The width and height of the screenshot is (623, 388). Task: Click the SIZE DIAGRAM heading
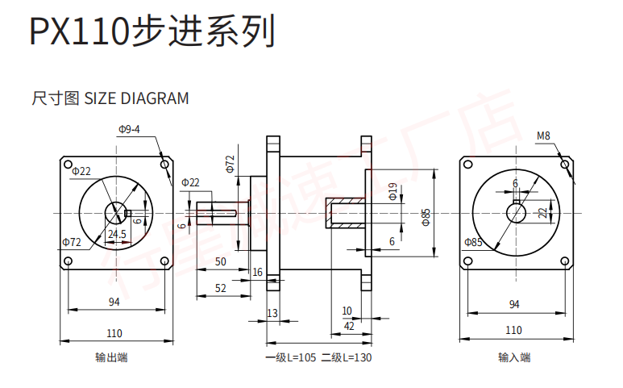pyautogui.click(x=110, y=99)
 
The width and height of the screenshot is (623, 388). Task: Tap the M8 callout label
pyautogui.click(x=543, y=136)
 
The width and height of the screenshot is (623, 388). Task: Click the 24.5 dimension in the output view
pyautogui.click(x=117, y=235)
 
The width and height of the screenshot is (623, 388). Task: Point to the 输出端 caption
pyautogui.click(x=111, y=357)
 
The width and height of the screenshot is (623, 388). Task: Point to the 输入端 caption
pyautogui.click(x=514, y=357)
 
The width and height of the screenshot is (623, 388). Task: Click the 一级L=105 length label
pyautogui.click(x=291, y=357)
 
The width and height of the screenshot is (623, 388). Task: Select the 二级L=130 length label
pyautogui.click(x=346, y=357)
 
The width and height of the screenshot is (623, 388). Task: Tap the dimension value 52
pyautogui.click(x=221, y=287)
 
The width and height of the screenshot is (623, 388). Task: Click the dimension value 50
pyautogui.click(x=221, y=261)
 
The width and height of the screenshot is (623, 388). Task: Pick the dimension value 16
pyautogui.click(x=257, y=273)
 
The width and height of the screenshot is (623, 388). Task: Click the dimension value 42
pyautogui.click(x=349, y=326)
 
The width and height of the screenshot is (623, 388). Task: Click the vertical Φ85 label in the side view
pyautogui.click(x=426, y=214)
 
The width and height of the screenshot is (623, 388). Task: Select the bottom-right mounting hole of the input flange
pyautogui.click(x=566, y=261)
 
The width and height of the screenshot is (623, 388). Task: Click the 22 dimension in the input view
pyautogui.click(x=542, y=213)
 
